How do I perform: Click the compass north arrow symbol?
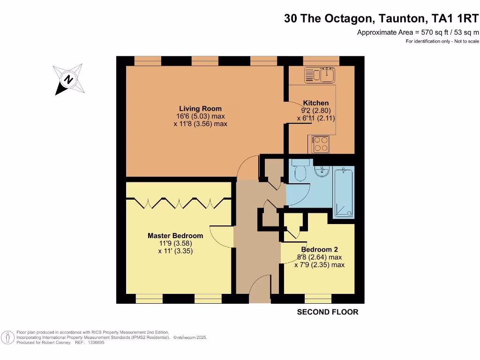click(69, 79)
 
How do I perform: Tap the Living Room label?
click(200, 109)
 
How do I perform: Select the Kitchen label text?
click(316, 103)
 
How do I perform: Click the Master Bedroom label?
click(175, 236)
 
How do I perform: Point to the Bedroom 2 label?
click(319, 250)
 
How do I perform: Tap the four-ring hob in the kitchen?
click(320, 144)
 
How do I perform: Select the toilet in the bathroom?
click(300, 172)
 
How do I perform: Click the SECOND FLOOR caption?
click(328, 312)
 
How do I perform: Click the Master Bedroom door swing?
click(220, 235)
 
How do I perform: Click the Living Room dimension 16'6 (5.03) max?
click(200, 116)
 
